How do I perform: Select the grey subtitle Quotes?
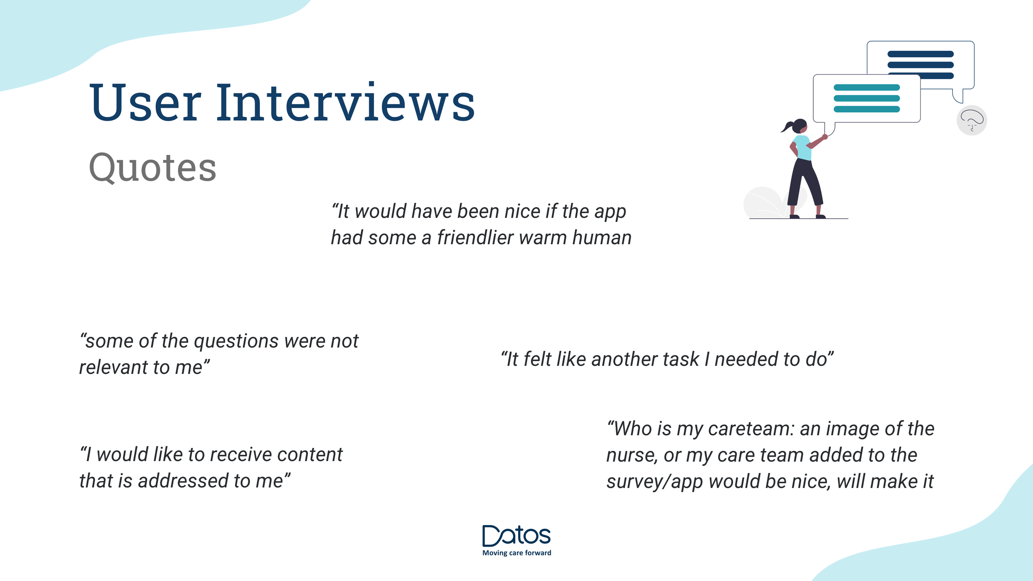(152, 167)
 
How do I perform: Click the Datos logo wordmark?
(516, 536)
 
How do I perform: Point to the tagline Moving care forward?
(516, 553)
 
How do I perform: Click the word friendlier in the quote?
(475, 238)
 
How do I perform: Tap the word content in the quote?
(309, 455)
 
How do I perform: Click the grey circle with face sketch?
(972, 120)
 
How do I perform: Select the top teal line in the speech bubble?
(867, 88)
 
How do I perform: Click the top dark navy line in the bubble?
(921, 54)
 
